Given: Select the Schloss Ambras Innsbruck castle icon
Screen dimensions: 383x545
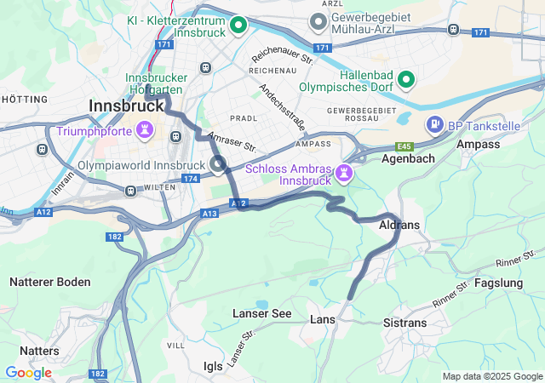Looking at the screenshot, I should tap(345, 174).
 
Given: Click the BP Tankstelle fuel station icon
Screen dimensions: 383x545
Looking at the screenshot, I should tap(435, 126).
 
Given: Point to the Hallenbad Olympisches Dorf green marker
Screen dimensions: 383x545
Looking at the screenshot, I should tap(407, 80).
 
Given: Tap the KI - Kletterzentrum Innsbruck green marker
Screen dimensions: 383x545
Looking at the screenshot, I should tap(239, 26).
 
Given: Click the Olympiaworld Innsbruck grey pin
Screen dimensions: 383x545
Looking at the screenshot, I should tap(217, 163).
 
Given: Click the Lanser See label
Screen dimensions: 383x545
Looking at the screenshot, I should tap(261, 314).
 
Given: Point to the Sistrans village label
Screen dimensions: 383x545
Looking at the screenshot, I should tap(405, 323).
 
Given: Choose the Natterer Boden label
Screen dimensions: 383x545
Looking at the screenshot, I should tap(50, 282).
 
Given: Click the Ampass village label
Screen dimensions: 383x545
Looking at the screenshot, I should tap(478, 145).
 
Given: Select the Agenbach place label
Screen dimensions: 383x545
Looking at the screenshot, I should tap(408, 158).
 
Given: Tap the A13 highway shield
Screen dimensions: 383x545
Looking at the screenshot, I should tap(209, 213).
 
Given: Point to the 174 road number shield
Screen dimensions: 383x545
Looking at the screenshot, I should tap(189, 179).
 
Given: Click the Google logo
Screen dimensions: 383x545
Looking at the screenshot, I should tap(28, 373).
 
